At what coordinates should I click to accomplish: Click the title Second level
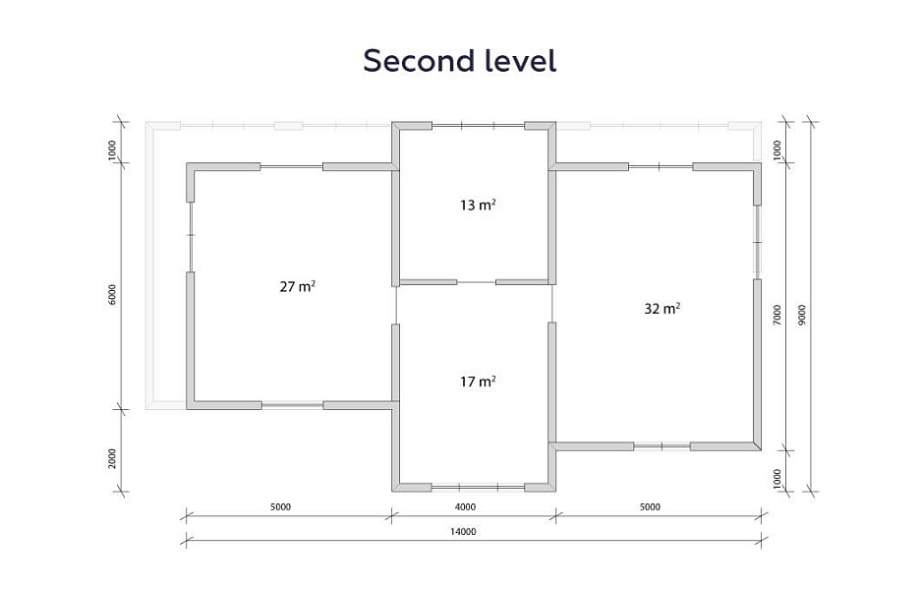(459, 61)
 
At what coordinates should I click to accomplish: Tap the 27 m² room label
(298, 286)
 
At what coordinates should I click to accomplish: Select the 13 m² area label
(478, 205)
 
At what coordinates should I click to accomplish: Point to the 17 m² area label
(478, 382)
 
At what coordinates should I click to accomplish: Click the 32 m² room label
(661, 308)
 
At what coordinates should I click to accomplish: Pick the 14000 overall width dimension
(463, 532)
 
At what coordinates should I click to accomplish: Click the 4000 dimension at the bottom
(465, 506)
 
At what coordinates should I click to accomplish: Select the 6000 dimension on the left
(112, 294)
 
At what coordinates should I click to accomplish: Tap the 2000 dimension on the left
(112, 458)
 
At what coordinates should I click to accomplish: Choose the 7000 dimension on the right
(776, 316)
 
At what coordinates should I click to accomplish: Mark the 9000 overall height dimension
(802, 316)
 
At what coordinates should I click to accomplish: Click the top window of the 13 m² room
(478, 126)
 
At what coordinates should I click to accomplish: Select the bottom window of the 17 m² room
(478, 487)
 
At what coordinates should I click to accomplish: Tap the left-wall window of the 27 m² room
(190, 237)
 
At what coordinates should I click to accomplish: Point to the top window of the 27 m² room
(292, 167)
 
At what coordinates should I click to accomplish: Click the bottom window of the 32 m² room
(661, 446)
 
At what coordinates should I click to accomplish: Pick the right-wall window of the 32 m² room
(758, 242)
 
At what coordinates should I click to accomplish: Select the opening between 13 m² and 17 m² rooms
(476, 282)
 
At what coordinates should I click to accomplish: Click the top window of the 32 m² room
(661, 167)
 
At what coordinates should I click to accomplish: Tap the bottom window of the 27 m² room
(292, 405)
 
